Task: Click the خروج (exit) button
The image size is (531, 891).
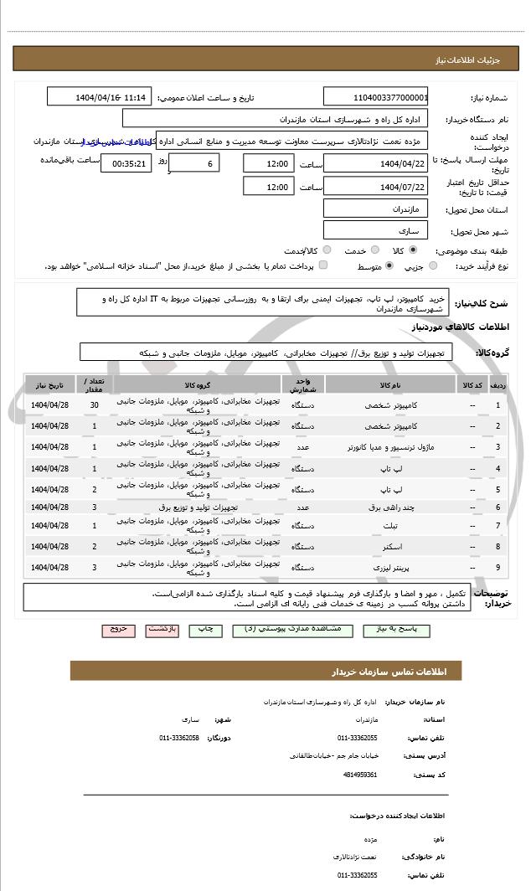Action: point(117,628)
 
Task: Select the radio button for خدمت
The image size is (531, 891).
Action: point(374,250)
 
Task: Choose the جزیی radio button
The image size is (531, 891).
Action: point(433,266)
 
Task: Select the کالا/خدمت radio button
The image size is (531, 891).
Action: point(327,250)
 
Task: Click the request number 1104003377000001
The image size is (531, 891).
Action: point(376,97)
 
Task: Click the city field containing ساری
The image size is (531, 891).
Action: point(376,229)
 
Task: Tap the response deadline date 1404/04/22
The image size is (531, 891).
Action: point(376,163)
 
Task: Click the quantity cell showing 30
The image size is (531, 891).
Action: point(95,405)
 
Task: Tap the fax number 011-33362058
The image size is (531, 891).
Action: point(179,738)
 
